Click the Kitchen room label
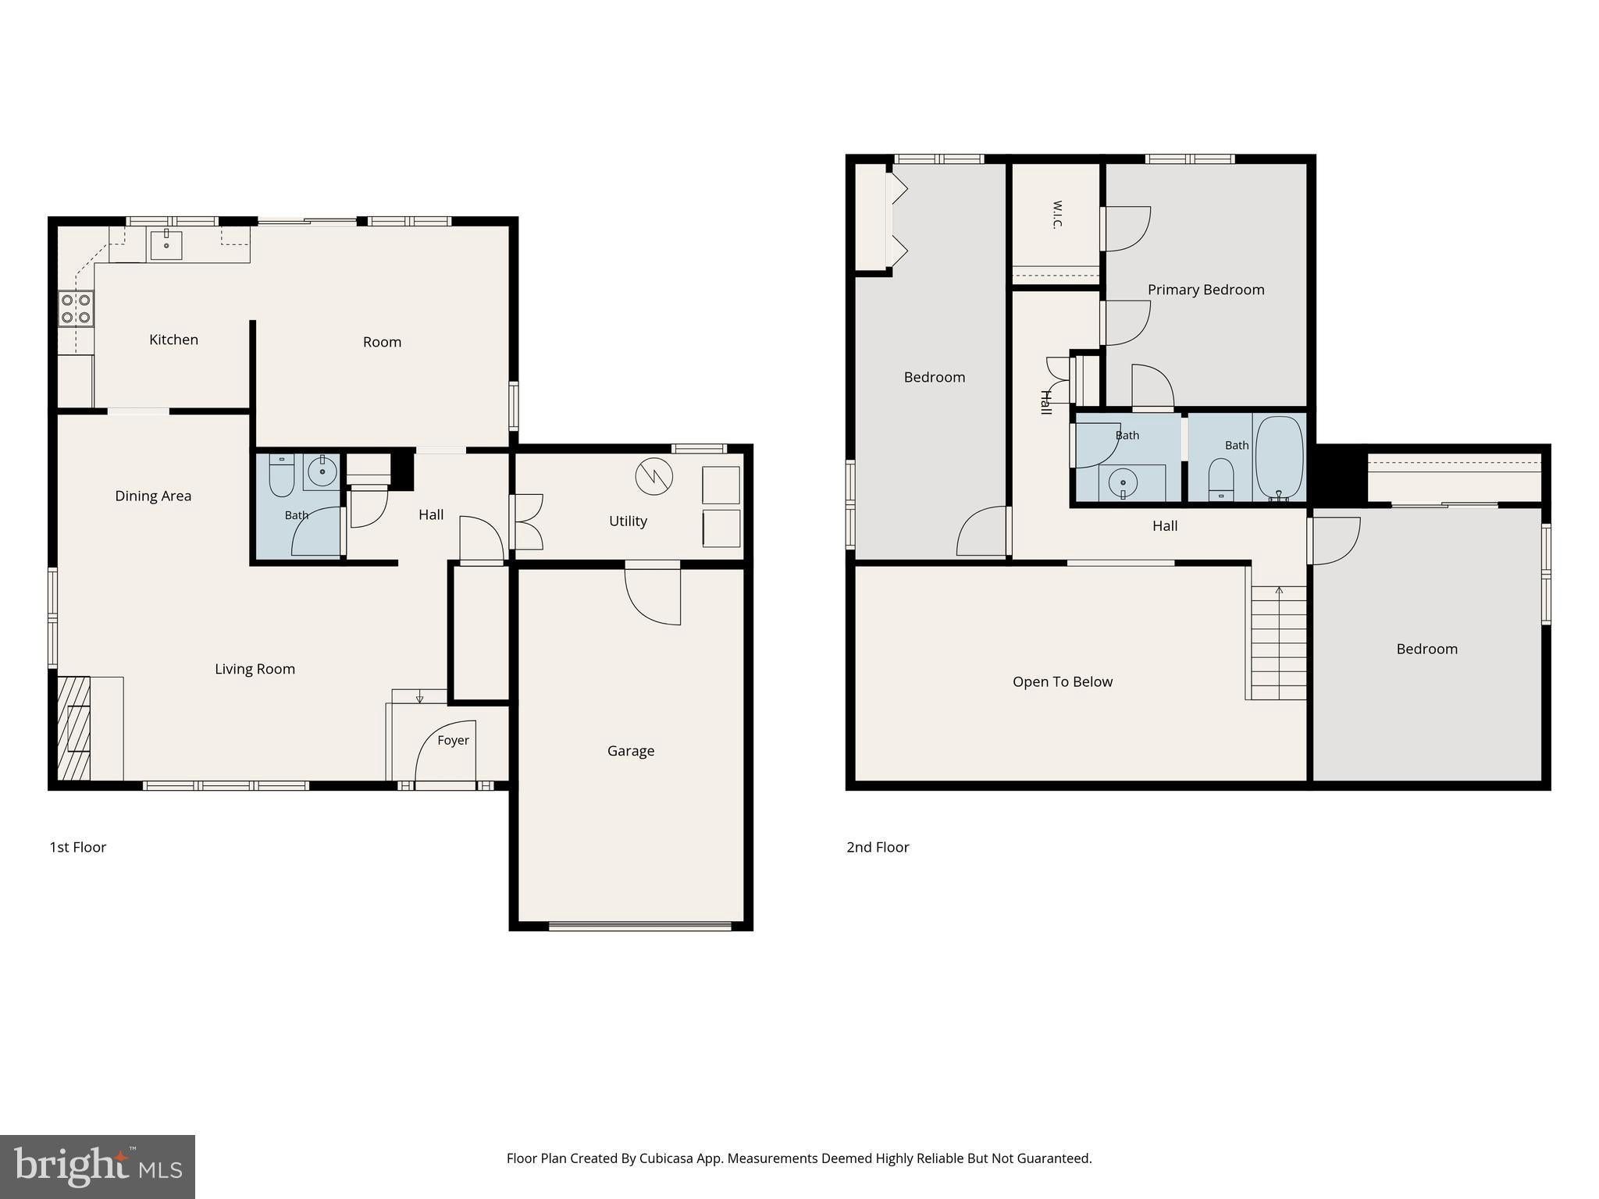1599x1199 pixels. (x=173, y=340)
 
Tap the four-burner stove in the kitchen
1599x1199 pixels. (x=76, y=308)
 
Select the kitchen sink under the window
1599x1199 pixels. (x=166, y=244)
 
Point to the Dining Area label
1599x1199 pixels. (x=153, y=496)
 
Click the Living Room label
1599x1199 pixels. (x=255, y=669)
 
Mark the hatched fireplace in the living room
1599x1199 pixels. (x=74, y=728)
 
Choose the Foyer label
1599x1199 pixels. (x=453, y=740)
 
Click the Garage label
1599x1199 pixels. (x=631, y=751)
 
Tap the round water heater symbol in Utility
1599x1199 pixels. (x=654, y=477)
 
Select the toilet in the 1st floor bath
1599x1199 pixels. (x=281, y=475)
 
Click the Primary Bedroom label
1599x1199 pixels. (x=1205, y=290)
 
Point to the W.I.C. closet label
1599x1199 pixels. (x=1057, y=215)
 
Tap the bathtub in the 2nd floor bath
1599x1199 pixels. (x=1279, y=457)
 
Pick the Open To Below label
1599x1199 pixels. (x=1063, y=681)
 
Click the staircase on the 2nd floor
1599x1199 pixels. (x=1277, y=642)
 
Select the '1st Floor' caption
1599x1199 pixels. (x=77, y=847)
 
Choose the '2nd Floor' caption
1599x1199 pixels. (x=878, y=847)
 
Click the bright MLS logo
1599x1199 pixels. (x=98, y=1166)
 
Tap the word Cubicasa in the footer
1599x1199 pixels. (x=668, y=1158)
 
